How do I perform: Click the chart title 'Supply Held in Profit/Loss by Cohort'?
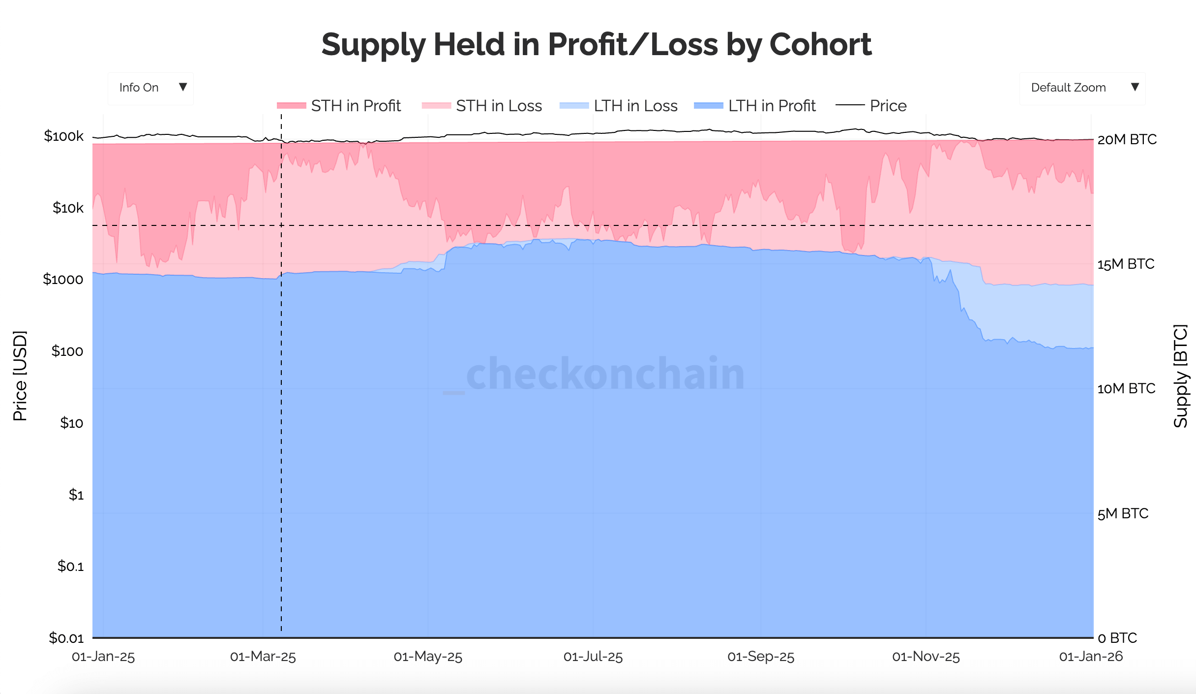point(596,44)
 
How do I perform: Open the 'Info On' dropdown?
point(150,88)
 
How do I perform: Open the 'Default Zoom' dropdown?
point(1082,88)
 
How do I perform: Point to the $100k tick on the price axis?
point(64,136)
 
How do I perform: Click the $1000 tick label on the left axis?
point(63,280)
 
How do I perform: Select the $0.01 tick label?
point(66,638)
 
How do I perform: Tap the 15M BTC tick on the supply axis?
point(1126,264)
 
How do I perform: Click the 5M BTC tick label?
point(1123,514)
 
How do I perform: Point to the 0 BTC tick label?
point(1117,638)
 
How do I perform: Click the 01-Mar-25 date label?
point(263,657)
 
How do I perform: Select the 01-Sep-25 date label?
point(761,657)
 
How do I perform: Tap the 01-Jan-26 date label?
point(1091,657)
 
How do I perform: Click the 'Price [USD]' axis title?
point(20,376)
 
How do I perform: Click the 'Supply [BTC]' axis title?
point(1180,376)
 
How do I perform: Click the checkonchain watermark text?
point(605,374)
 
